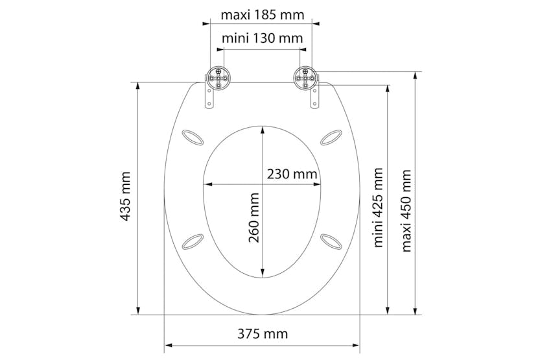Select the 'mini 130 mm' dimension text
pyautogui.click(x=262, y=38)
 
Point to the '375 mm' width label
pyautogui.click(x=262, y=334)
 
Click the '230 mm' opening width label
pyautogui.click(x=292, y=174)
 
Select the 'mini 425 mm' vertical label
pyautogui.click(x=378, y=208)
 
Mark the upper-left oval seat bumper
pyautogui.click(x=193, y=136)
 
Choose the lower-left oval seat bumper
pyautogui.click(x=193, y=241)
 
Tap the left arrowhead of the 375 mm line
pyautogui.click(x=168, y=344)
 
